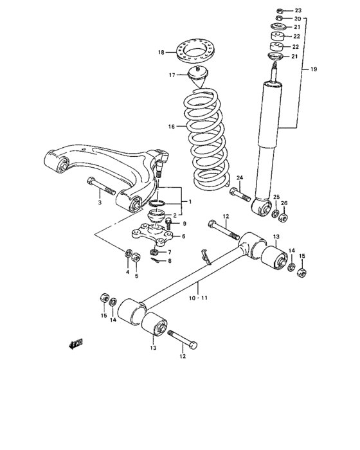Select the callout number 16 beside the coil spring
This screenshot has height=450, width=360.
click(171, 127)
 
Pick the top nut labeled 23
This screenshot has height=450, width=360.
click(280, 11)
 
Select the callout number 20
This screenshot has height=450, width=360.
click(297, 19)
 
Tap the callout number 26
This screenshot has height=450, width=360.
click(285, 203)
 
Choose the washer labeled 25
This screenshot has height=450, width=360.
click(275, 212)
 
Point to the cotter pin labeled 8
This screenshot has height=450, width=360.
click(157, 259)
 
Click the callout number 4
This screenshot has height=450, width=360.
click(127, 273)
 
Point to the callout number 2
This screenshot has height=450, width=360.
click(174, 215)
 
